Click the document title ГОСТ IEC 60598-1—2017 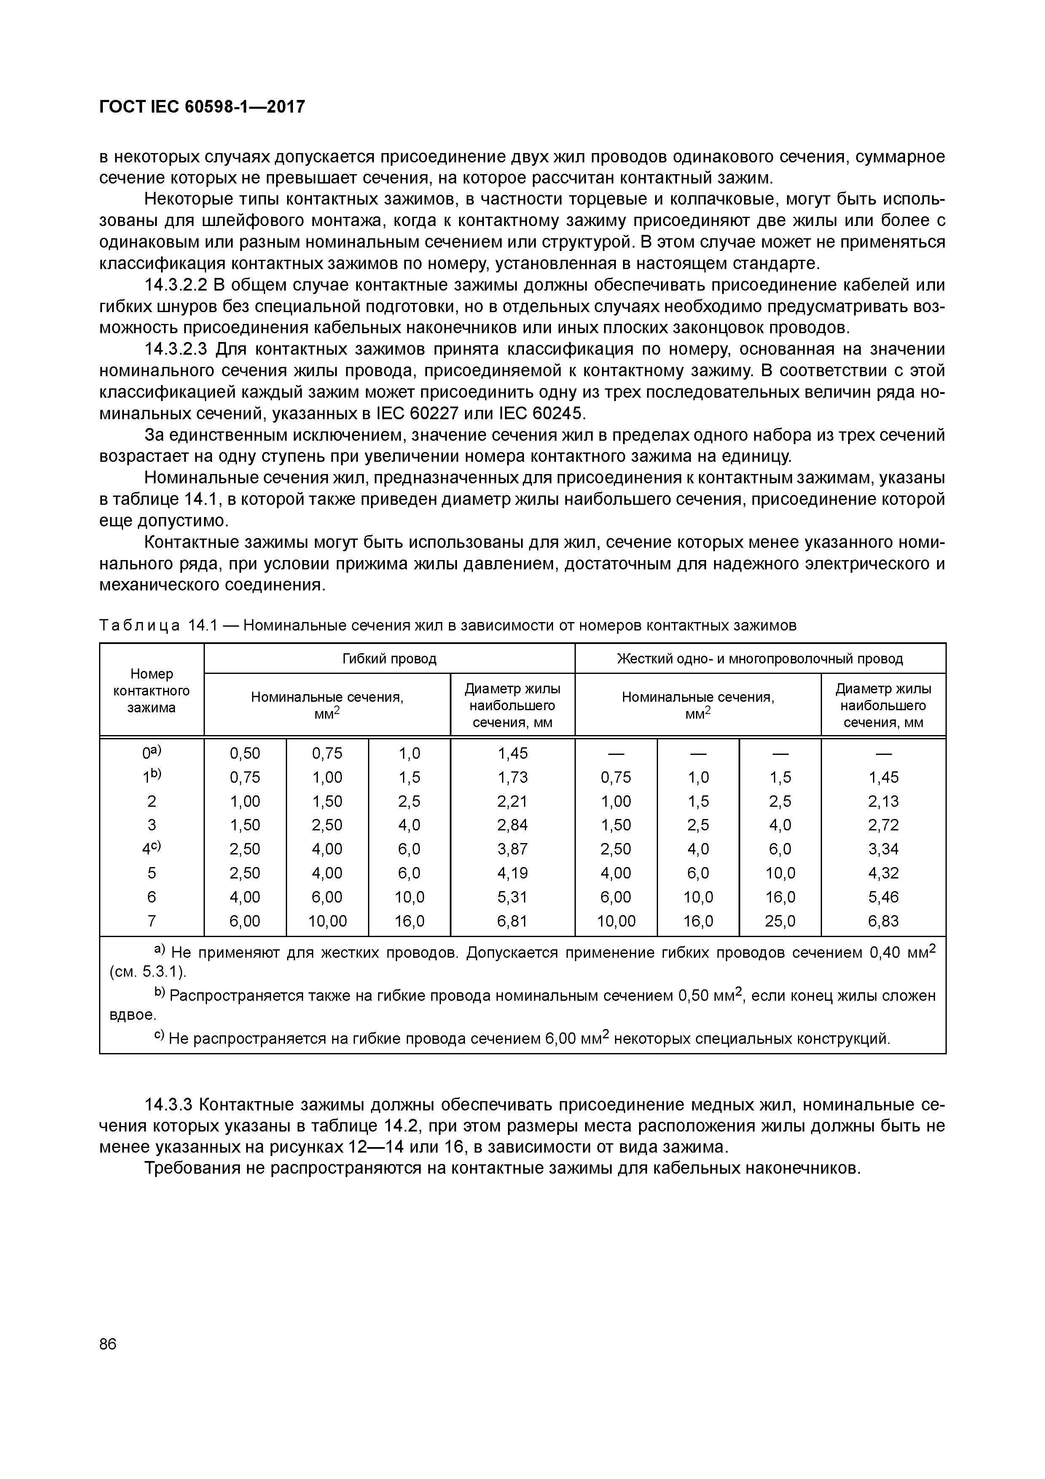(x=201, y=107)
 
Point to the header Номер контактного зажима (x=151, y=690)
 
